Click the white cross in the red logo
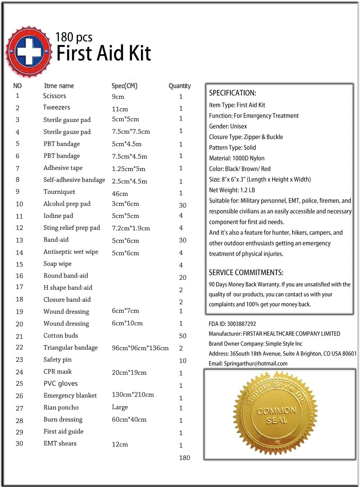(29, 52)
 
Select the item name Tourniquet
(59, 192)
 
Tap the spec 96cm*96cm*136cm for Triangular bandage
(140, 348)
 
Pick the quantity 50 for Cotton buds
(183, 336)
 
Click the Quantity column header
(179, 86)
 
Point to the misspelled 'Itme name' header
(59, 86)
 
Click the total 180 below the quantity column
(184, 458)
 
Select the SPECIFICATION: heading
(232, 93)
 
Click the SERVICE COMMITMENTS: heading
(246, 273)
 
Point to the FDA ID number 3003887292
(241, 324)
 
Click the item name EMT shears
(60, 443)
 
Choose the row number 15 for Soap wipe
(20, 264)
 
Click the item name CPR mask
(58, 371)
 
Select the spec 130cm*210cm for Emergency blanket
(133, 395)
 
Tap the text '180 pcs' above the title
(74, 37)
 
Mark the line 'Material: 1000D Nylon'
(237, 158)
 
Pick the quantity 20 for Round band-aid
(183, 278)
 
